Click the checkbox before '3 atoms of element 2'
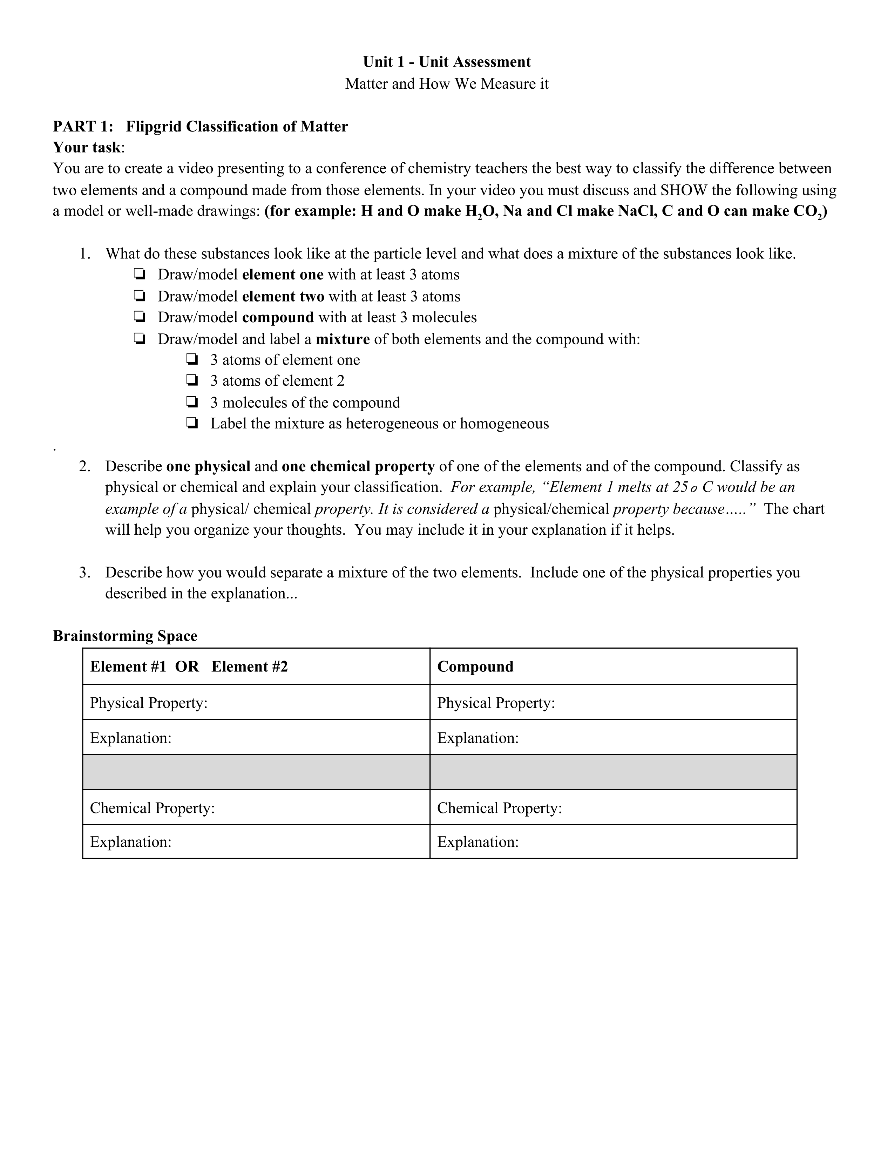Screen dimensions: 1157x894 point(192,380)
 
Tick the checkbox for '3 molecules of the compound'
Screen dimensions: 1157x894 point(192,402)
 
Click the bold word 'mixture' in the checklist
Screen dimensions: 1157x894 point(343,339)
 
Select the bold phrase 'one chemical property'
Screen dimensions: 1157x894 point(358,466)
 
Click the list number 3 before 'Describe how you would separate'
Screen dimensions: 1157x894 point(84,573)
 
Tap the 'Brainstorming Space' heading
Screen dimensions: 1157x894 point(125,636)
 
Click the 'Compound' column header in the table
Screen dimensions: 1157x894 point(475,667)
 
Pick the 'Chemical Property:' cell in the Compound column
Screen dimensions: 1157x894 point(613,807)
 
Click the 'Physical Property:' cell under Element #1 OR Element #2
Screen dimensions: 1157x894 point(256,703)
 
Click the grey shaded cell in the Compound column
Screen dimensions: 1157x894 point(613,772)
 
